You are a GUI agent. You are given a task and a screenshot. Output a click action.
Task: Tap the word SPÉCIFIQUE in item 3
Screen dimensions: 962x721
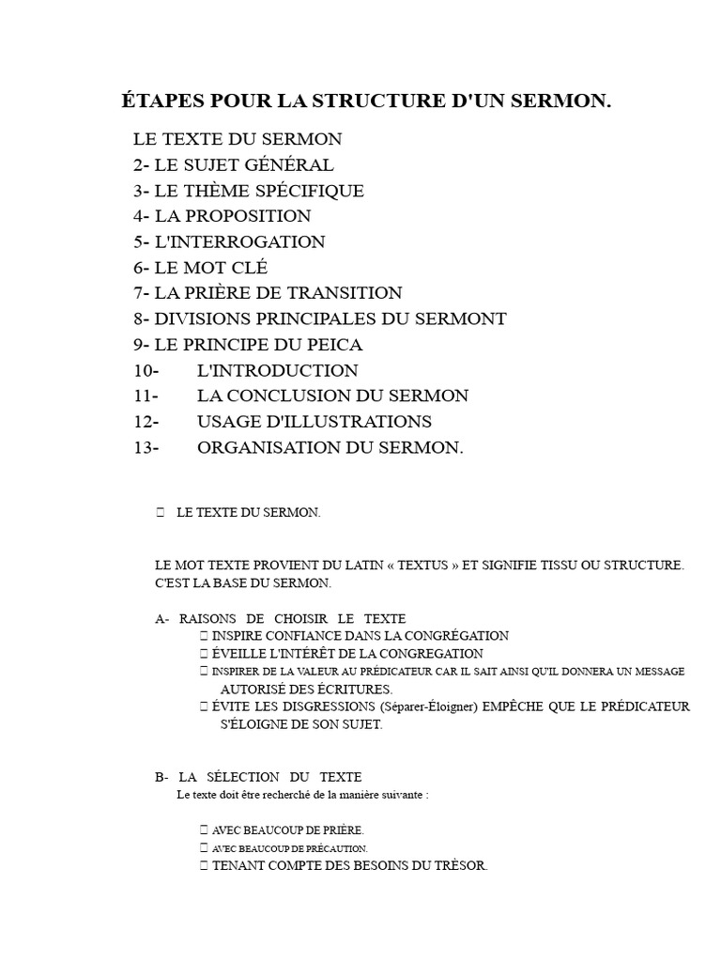[x=312, y=191]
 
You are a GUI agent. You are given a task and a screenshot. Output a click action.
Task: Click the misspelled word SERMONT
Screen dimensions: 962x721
[x=460, y=318]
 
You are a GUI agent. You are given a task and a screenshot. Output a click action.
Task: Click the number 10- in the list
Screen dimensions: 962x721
[x=146, y=370]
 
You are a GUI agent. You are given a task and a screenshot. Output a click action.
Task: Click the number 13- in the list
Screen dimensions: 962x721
[x=146, y=447]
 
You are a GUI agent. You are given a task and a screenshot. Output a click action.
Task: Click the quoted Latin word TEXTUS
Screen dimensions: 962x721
[x=429, y=566]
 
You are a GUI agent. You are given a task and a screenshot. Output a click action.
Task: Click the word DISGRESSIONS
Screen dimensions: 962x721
[x=297, y=706]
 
